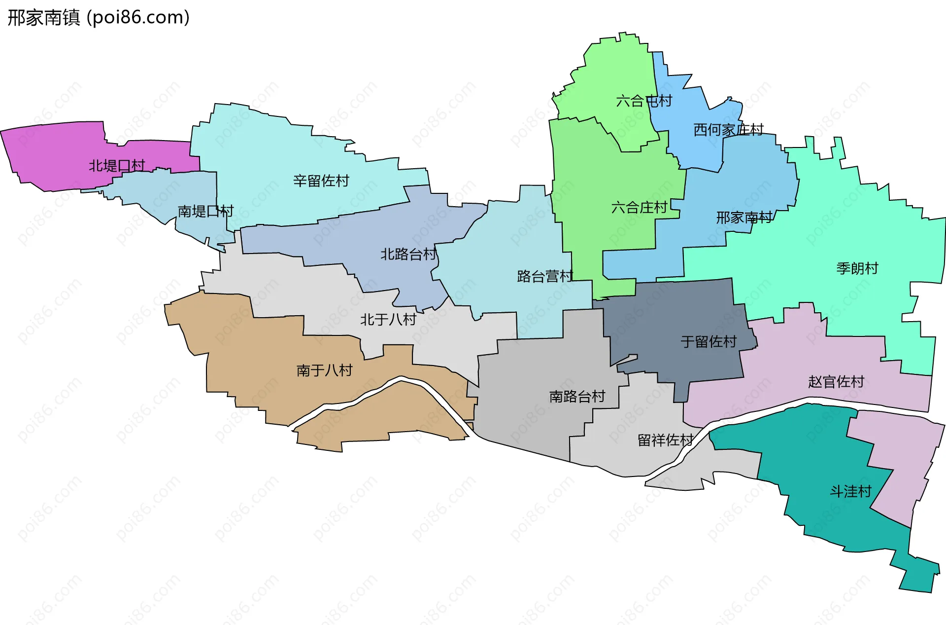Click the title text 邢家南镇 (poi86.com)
pyautogui.click(x=99, y=18)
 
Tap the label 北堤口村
pyautogui.click(x=117, y=166)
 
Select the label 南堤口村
pyautogui.click(x=205, y=212)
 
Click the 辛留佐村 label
pyautogui.click(x=321, y=181)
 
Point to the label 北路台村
pyautogui.click(x=408, y=255)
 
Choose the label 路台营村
pyautogui.click(x=545, y=276)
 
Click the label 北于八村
pyautogui.click(x=388, y=320)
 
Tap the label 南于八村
pyautogui.click(x=324, y=370)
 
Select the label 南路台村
pyautogui.click(x=577, y=397)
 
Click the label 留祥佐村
pyautogui.click(x=666, y=440)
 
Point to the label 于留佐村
pyautogui.click(x=709, y=342)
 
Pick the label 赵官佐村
pyautogui.click(x=836, y=382)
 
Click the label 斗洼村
pyautogui.click(x=850, y=492)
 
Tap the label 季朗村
pyautogui.click(x=857, y=268)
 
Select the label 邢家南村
pyautogui.click(x=744, y=218)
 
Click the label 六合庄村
pyautogui.click(x=639, y=208)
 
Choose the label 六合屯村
pyautogui.click(x=644, y=101)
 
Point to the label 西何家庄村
pyautogui.click(x=728, y=130)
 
